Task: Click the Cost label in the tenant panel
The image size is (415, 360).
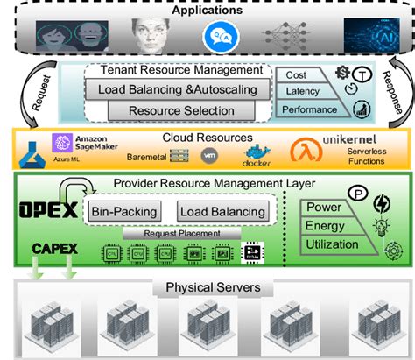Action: point(295,77)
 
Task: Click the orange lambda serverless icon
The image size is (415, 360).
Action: point(304,151)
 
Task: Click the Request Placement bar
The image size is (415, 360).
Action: point(181,234)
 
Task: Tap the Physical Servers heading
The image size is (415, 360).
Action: point(207,289)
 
